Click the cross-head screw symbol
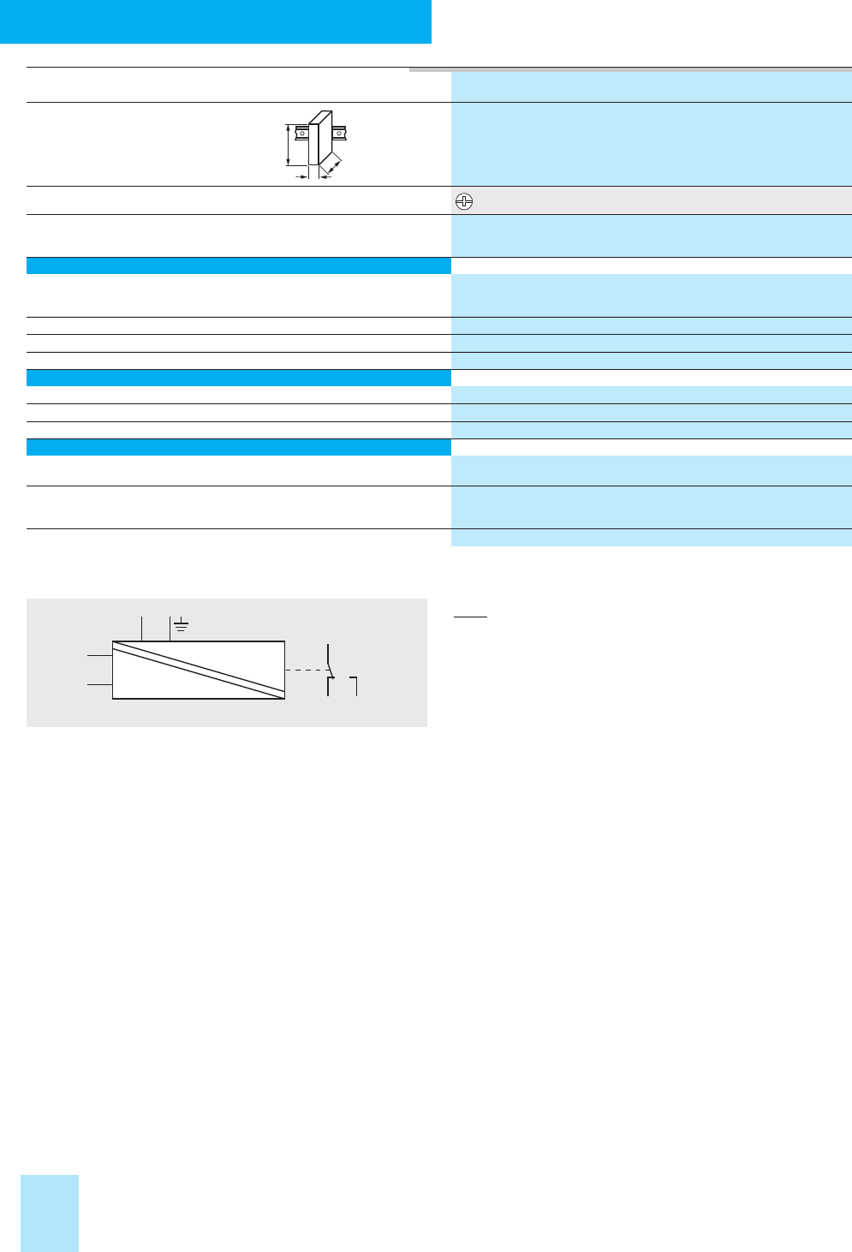pyautogui.click(x=463, y=202)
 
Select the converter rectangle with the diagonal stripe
pyautogui.click(x=199, y=670)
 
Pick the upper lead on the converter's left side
pyautogui.click(x=99, y=656)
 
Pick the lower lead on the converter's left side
pyautogui.click(x=99, y=684)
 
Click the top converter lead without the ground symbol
pyautogui.click(x=141, y=627)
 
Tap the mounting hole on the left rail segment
pyautogui.click(x=302, y=134)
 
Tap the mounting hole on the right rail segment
pyautogui.click(x=340, y=134)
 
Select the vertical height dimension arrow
pyautogui.click(x=289, y=145)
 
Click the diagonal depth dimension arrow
pyautogui.click(x=335, y=165)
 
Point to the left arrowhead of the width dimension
pyautogui.click(x=301, y=176)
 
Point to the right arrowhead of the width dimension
pyautogui.click(x=324, y=176)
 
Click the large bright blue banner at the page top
pyautogui.click(x=215, y=21)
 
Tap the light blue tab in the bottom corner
pyautogui.click(x=50, y=1213)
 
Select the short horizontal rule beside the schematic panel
pyautogui.click(x=469, y=617)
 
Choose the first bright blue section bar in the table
pyautogui.click(x=239, y=265)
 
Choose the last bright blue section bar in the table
pyautogui.click(x=239, y=446)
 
